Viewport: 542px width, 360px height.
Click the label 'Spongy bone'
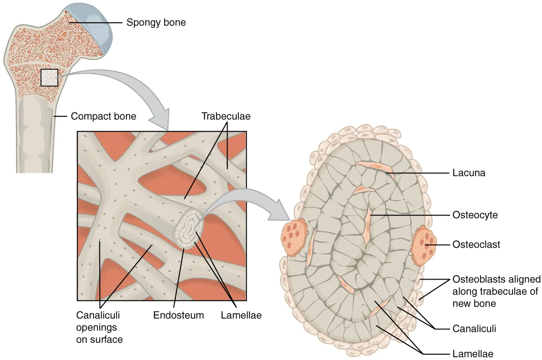[x=156, y=22]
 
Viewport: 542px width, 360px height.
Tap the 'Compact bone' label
[x=103, y=116]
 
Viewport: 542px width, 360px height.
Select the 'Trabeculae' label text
[x=226, y=116]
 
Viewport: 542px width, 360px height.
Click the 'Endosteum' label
[x=179, y=315]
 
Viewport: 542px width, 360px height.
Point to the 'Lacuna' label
[x=469, y=172]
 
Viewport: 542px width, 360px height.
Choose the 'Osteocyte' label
[x=475, y=215]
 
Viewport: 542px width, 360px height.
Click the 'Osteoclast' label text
[x=476, y=245]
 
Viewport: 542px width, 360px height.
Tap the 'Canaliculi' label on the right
[x=474, y=329]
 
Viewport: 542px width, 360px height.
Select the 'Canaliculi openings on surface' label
[x=99, y=327]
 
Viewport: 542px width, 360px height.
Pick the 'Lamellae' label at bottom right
[x=473, y=354]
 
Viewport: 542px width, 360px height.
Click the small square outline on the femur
[x=49, y=78]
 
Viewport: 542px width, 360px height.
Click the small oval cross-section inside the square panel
[x=186, y=229]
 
